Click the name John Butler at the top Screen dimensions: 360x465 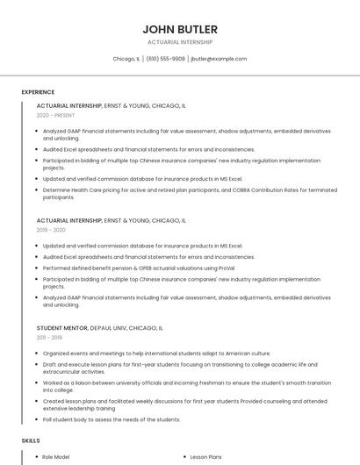coord(179,29)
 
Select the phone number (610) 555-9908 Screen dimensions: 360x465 coord(165,59)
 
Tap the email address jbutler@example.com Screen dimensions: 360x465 coord(219,59)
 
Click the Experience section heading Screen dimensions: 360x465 coord(38,92)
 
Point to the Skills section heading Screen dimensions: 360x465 coord(31,440)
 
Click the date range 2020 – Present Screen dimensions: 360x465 coord(56,115)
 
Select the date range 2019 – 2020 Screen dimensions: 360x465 coord(51,230)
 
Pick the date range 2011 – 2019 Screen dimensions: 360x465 coord(49,337)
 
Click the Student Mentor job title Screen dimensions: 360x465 coord(62,328)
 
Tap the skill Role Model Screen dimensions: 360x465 coord(57,456)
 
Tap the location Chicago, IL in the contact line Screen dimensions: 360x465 coord(126,59)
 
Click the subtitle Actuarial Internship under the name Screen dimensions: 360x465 coord(179,42)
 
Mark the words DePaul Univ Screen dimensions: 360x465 coord(112,328)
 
